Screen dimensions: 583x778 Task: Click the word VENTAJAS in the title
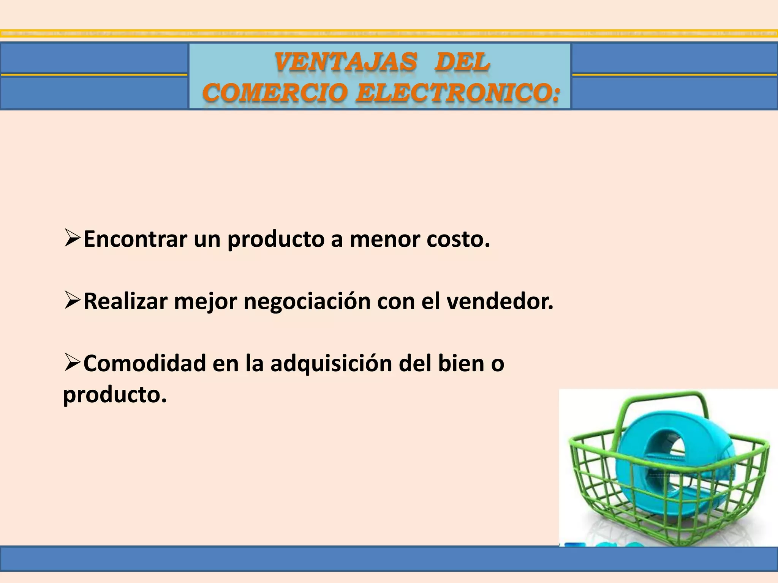tap(346, 62)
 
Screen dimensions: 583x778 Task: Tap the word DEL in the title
tap(462, 62)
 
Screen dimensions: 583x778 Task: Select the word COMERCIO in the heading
tap(275, 93)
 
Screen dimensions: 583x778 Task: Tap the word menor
tap(384, 240)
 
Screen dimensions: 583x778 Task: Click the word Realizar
tap(125, 301)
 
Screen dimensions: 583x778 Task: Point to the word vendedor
tap(500, 301)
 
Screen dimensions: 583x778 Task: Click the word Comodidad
tap(144, 363)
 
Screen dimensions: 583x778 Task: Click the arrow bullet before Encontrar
tap(72, 238)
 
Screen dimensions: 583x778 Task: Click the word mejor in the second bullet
tap(206, 302)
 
